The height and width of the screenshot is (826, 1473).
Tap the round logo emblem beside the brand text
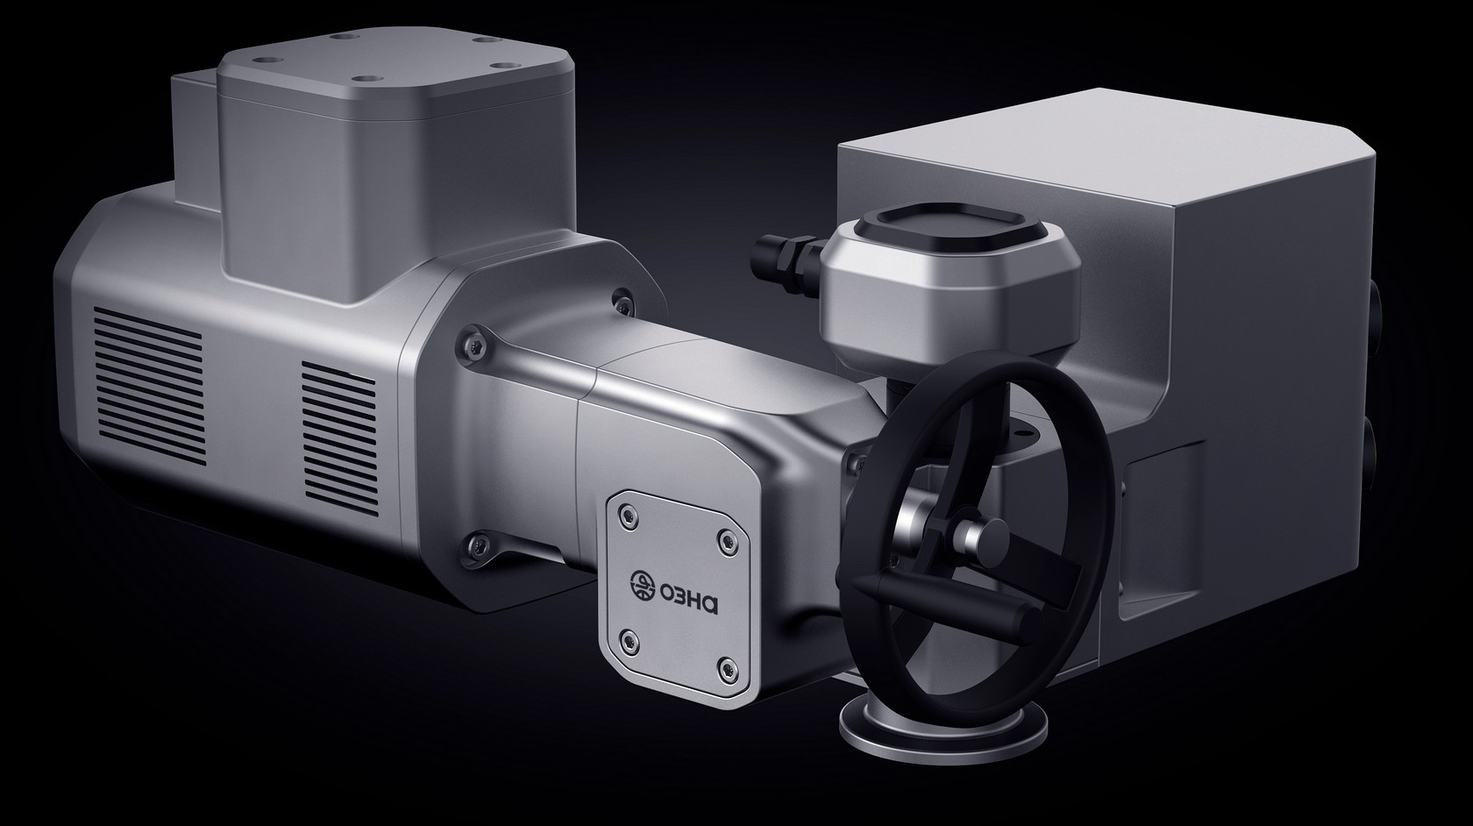click(643, 585)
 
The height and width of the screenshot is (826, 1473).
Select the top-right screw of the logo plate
click(725, 544)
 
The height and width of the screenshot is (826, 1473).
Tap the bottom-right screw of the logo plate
click(726, 669)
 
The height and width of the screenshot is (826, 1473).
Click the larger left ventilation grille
click(148, 386)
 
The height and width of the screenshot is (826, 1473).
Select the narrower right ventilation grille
click(340, 438)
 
